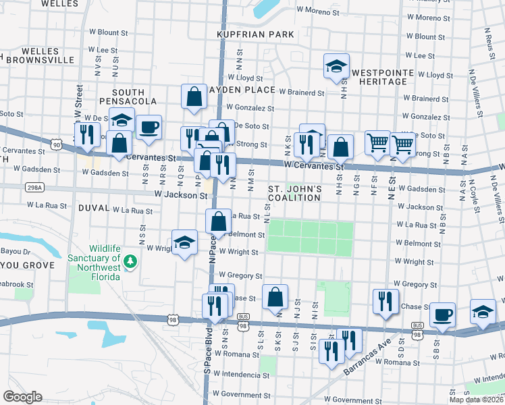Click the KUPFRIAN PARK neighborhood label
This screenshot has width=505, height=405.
pos(255,34)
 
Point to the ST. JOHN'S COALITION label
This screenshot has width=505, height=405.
pos(294,193)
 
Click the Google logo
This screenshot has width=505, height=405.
pos(23,397)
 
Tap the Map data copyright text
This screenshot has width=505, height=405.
pos(476,400)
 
